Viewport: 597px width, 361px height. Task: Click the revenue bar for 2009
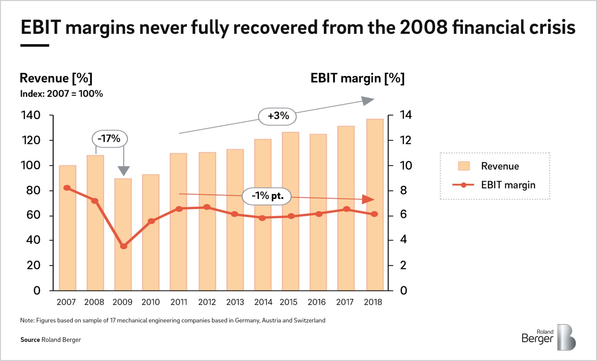123,234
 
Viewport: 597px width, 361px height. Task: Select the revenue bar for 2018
375,205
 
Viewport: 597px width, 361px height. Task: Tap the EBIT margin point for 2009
124,246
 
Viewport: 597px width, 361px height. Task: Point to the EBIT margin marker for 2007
68,188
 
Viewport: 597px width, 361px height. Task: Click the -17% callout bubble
110,139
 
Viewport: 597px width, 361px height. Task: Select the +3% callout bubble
278,116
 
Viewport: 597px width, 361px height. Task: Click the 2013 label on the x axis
235,302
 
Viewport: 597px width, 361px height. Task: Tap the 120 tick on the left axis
31,140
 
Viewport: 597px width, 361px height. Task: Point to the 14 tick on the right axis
406,115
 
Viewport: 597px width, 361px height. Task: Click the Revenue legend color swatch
464,166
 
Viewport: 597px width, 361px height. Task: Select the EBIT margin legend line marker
463,185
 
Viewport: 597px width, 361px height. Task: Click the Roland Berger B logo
566,337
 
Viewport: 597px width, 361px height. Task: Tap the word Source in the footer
30,340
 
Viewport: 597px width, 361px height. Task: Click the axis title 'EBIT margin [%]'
357,78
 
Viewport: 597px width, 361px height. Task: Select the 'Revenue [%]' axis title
56,78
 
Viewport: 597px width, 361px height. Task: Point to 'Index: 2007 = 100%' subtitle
62,94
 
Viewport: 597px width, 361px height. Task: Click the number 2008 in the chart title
423,27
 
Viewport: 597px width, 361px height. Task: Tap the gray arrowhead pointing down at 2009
124,171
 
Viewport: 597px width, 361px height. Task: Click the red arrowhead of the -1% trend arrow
368,199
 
